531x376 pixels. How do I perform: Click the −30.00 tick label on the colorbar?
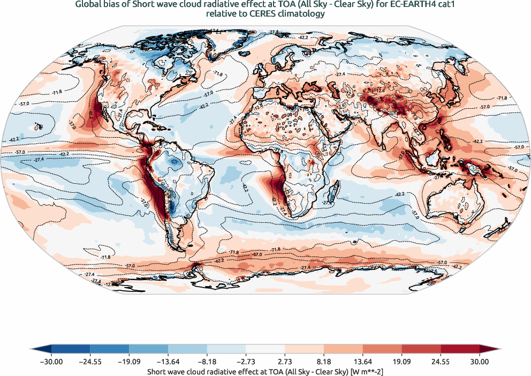click(x=51, y=362)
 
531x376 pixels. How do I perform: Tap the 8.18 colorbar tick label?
click(x=324, y=362)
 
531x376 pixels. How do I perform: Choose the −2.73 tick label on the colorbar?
click(x=246, y=362)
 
